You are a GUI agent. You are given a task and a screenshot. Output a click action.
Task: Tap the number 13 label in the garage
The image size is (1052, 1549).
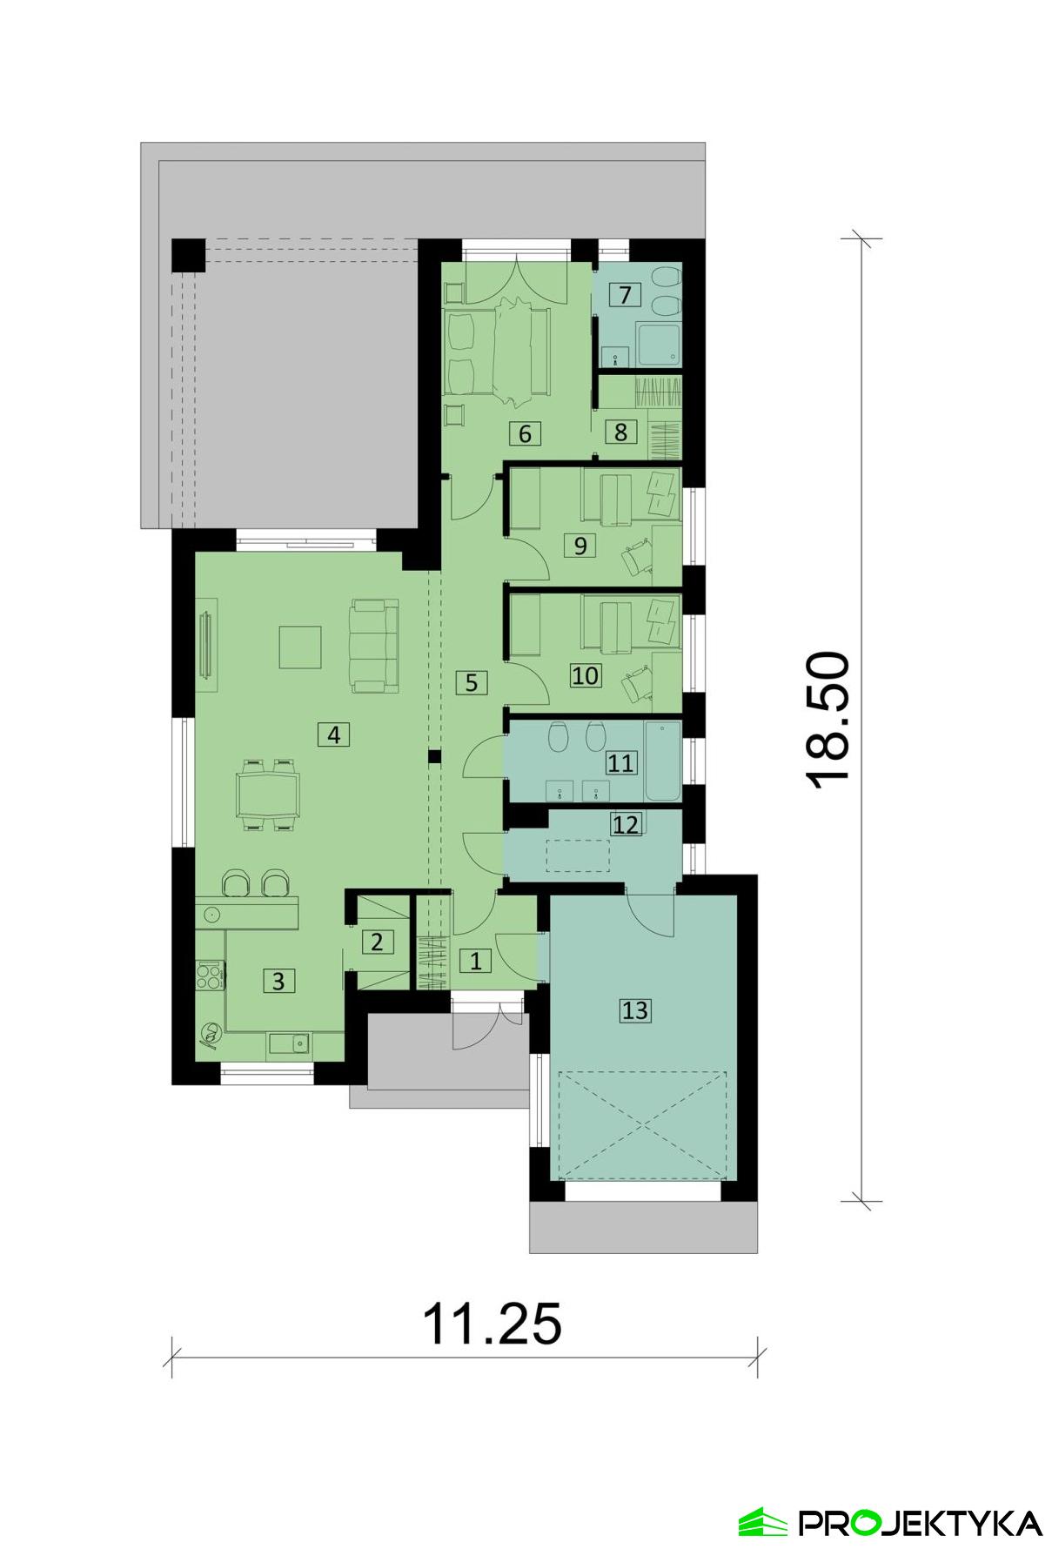coord(634,1010)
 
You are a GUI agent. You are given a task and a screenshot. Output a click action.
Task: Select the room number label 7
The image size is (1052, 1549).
coord(624,295)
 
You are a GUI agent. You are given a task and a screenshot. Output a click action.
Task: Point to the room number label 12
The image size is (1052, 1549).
coord(625,823)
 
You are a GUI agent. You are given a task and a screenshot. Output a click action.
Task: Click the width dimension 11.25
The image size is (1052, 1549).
coord(492,1324)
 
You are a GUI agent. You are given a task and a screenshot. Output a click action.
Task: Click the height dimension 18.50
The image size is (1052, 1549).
coord(828,720)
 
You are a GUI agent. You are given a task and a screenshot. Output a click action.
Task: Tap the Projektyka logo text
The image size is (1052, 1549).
coord(920,1522)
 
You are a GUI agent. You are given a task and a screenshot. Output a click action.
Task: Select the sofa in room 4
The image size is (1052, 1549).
coord(374,646)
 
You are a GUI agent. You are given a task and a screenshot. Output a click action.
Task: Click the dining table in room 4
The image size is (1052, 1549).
coord(268,794)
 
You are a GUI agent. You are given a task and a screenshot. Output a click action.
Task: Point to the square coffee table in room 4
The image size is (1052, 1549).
coord(299,647)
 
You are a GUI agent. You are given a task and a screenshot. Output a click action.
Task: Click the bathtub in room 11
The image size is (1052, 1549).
coord(662,761)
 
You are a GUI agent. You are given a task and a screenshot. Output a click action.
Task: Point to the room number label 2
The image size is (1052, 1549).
coord(377,942)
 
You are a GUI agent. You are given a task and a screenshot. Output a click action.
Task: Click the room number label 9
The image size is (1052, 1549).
coord(580,546)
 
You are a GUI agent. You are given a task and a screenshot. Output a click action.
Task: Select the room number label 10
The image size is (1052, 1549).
coord(586,675)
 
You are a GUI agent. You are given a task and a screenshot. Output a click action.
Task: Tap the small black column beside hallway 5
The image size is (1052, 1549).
coord(433,756)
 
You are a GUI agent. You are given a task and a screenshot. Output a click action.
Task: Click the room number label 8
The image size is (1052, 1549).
coord(620,432)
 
